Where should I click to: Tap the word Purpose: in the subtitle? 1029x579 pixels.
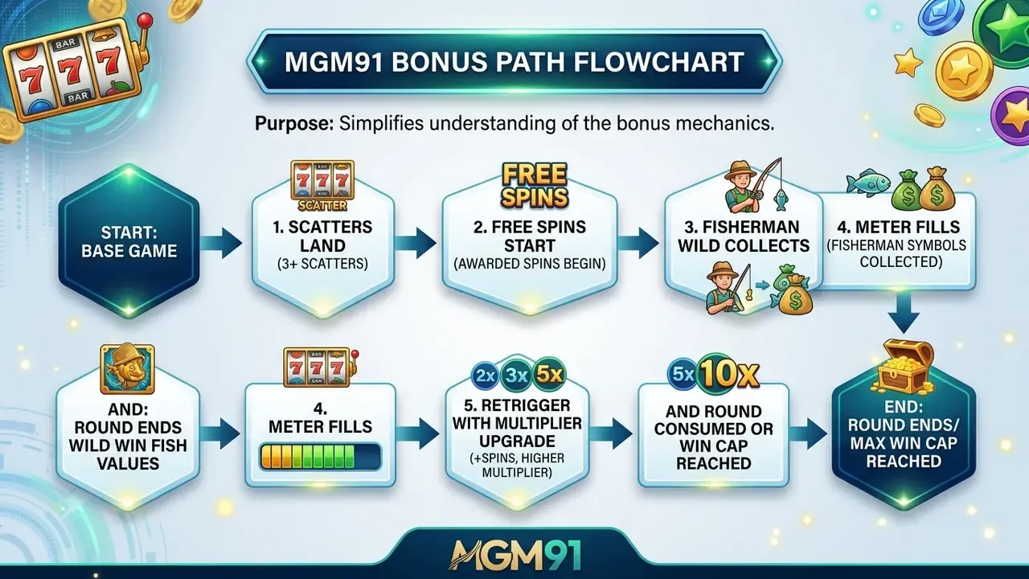tap(294, 124)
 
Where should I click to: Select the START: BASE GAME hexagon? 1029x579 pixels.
tap(129, 242)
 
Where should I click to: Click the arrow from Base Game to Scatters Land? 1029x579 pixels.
tap(221, 243)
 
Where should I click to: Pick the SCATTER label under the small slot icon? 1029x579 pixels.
tap(322, 205)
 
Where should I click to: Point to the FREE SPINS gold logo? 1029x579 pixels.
tap(535, 185)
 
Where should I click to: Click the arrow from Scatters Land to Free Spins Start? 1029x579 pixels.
tap(416, 243)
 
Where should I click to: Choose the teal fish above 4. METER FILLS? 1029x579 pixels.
tap(868, 183)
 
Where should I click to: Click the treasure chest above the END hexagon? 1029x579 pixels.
tap(903, 367)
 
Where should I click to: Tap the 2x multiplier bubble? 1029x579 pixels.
tap(485, 376)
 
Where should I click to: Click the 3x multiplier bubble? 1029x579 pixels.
tap(516, 376)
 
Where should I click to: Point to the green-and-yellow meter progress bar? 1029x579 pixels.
tap(320, 456)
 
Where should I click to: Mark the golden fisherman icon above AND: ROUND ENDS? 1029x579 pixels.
tap(127, 369)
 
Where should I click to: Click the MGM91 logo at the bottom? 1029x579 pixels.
tap(514, 555)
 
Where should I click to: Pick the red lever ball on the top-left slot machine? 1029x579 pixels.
tap(146, 20)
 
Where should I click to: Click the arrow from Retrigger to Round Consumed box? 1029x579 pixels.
tap(610, 433)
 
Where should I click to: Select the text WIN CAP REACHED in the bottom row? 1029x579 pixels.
tap(713, 454)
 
